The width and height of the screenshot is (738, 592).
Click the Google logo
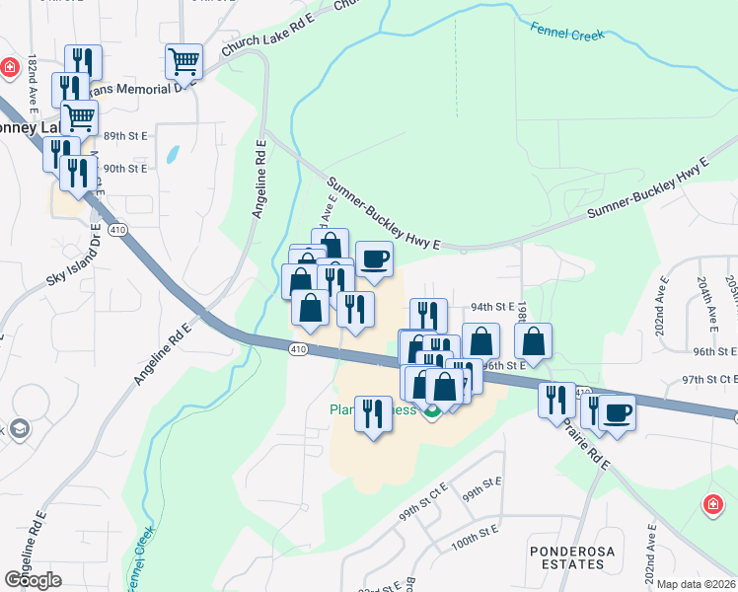coord(33,580)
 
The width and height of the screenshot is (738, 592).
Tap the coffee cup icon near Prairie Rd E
coord(618,411)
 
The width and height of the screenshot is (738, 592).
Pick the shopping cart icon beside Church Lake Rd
coord(184,61)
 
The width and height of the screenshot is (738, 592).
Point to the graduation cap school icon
coord(19,429)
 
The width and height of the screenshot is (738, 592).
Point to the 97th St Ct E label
coord(709,379)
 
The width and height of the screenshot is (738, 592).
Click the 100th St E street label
coord(472,544)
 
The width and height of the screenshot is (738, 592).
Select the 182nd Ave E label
coord(33,82)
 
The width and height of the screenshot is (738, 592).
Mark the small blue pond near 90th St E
coord(174,155)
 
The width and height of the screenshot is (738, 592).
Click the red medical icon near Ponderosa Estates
coord(712,505)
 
